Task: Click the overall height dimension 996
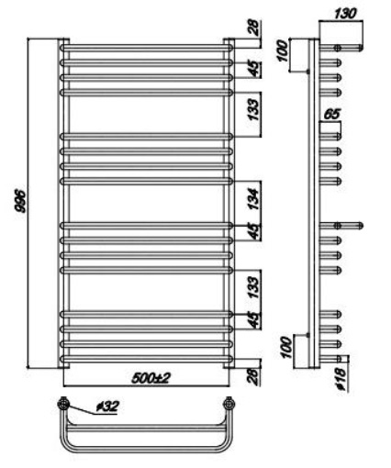coord(22,201)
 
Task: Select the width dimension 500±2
coord(151,379)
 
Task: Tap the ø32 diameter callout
coord(107,407)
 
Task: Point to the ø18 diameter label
coord(342,379)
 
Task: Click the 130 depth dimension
coord(345,14)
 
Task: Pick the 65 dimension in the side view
coord(331,114)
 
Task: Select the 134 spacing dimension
coord(254,198)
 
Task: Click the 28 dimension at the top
coord(255,27)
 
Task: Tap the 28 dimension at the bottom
coord(255,376)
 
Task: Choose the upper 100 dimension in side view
coord(284,51)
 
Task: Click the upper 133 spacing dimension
coord(254,109)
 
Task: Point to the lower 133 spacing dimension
coord(254,287)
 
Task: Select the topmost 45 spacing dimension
coord(255,69)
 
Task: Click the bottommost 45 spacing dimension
coord(255,319)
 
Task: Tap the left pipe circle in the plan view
coord(63,404)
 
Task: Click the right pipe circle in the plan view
coord(229,404)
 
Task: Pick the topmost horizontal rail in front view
coord(147,48)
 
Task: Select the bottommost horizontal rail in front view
coord(147,359)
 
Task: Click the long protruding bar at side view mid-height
coord(341,226)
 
